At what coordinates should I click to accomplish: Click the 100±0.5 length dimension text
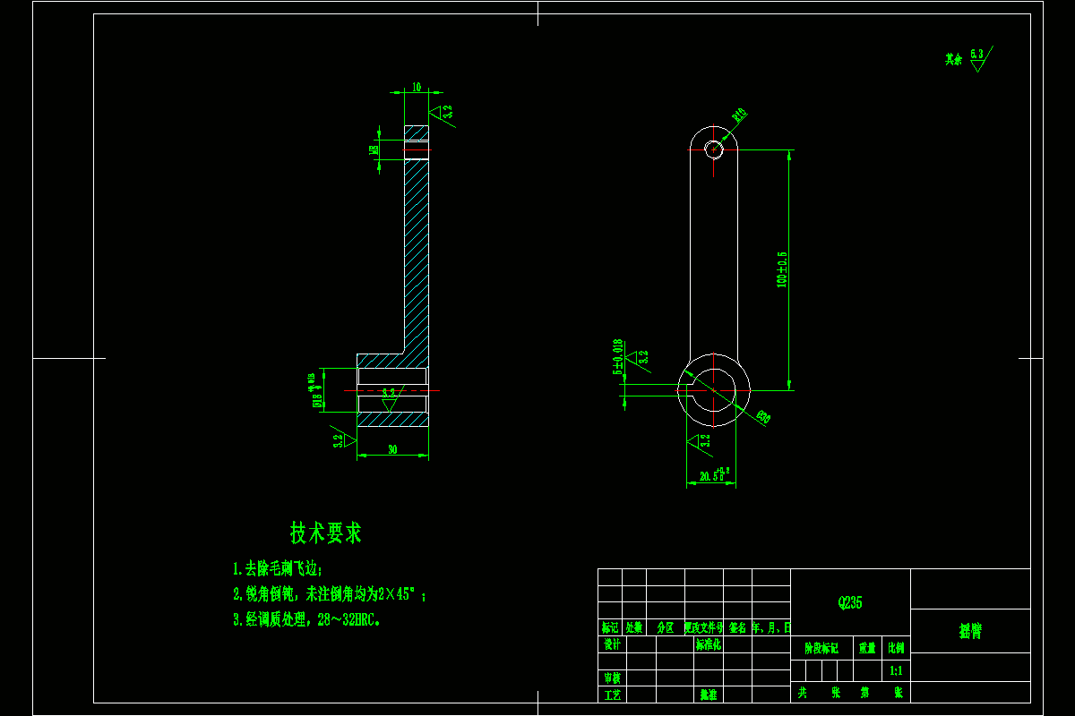pyautogui.click(x=782, y=268)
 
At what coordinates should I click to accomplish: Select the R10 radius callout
pyautogui.click(x=739, y=115)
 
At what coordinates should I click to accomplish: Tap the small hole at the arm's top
pyautogui.click(x=713, y=149)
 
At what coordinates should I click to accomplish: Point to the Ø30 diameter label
pyautogui.click(x=762, y=416)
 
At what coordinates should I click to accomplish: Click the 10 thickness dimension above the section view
pyautogui.click(x=417, y=87)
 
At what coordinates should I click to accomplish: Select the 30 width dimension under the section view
pyautogui.click(x=392, y=450)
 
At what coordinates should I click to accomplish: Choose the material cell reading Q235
pyautogui.click(x=849, y=602)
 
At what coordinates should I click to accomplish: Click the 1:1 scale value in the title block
pyautogui.click(x=896, y=669)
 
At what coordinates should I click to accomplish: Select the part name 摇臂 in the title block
pyautogui.click(x=970, y=631)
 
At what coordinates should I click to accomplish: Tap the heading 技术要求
pyautogui.click(x=326, y=533)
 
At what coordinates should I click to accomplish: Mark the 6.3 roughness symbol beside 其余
pyautogui.click(x=977, y=59)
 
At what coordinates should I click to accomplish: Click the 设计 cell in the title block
pyautogui.click(x=611, y=644)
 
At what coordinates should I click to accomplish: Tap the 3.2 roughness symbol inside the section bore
pyautogui.click(x=389, y=397)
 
